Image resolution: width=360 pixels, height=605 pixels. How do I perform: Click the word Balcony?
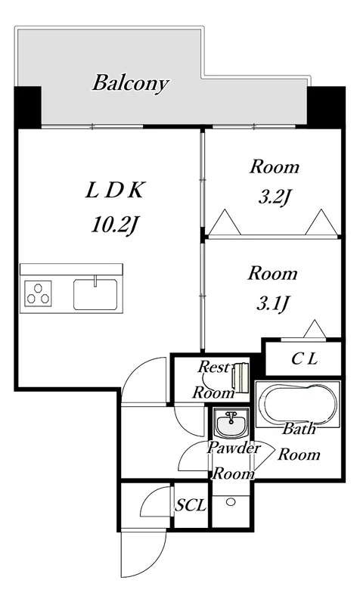tap(131, 83)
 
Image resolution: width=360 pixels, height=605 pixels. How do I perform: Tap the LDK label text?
tap(115, 191)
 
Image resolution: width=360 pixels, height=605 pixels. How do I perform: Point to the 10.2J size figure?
tap(115, 225)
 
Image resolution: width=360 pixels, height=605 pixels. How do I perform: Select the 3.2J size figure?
tap(275, 198)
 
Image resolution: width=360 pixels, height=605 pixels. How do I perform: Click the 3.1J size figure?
tap(273, 305)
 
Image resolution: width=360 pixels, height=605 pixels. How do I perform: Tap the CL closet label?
tap(304, 359)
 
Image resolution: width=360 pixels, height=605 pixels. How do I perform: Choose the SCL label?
tap(191, 506)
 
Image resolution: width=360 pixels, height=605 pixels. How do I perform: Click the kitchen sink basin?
tap(96, 293)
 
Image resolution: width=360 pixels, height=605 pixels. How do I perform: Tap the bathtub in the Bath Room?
tap(297, 404)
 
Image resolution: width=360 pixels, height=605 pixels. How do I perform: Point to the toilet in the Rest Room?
tap(239, 377)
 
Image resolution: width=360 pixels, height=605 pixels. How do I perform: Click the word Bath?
tap(299, 429)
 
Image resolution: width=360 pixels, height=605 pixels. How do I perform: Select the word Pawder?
tap(234, 448)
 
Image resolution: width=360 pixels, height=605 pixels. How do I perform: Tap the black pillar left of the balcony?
tap(28, 107)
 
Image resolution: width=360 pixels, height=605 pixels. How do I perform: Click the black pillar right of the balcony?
tap(326, 107)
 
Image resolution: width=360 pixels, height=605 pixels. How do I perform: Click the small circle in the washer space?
tap(231, 502)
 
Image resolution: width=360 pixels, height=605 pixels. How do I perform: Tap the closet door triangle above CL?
tap(316, 329)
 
